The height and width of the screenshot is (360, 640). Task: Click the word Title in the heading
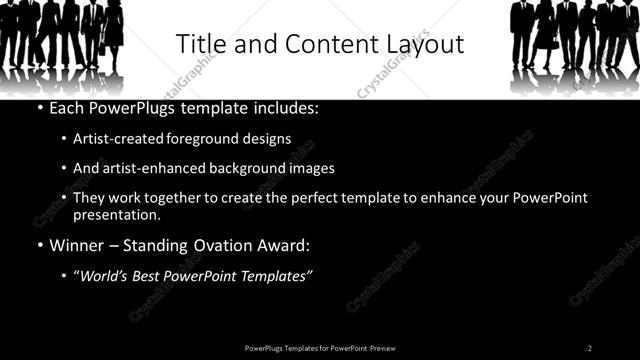201,45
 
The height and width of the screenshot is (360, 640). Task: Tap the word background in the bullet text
248,169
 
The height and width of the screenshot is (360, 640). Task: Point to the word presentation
116,214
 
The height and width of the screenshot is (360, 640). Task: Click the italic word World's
107,276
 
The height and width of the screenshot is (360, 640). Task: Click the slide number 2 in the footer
589,348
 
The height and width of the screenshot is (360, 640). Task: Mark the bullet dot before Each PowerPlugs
38,108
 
